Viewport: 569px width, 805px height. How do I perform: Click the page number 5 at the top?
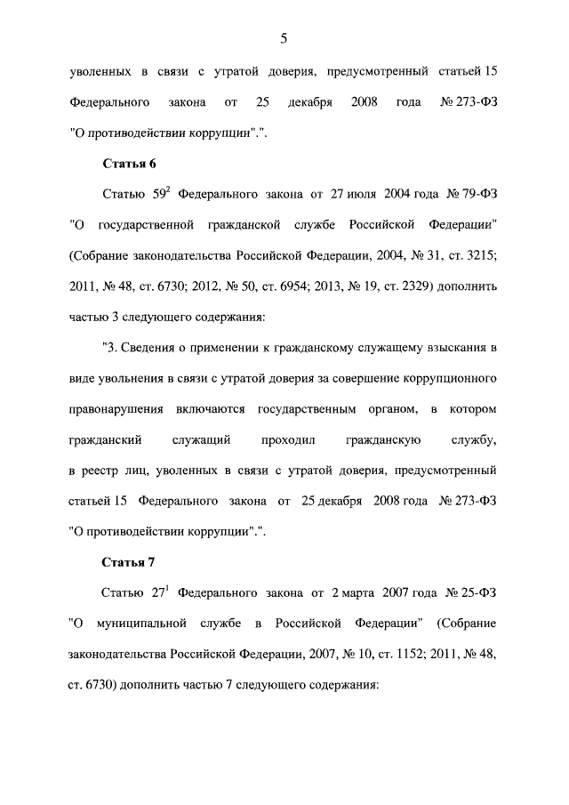tap(284, 37)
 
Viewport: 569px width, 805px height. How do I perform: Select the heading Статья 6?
tap(130, 164)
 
